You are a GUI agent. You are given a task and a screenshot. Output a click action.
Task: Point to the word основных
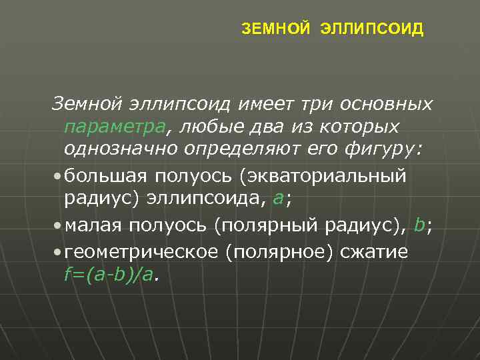coord(387,104)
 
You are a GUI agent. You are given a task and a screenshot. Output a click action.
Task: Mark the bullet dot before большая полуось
coord(59,176)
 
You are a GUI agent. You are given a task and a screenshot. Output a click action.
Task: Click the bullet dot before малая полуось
coord(59,226)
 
